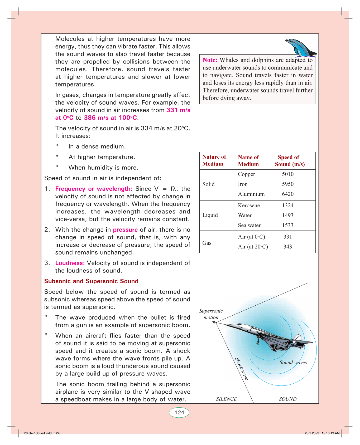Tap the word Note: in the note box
[210, 60]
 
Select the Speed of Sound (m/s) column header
[290, 161]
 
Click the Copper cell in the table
[246, 174]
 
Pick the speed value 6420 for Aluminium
[288, 194]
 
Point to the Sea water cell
[249, 225]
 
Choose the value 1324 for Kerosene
[288, 206]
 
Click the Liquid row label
[210, 215]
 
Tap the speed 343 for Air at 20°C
[288, 247]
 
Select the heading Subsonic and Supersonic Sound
[91, 281]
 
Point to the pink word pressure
[125, 230]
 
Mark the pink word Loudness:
[70, 263]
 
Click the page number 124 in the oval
[179, 412]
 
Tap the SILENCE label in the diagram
[226, 399]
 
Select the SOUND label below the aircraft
[288, 399]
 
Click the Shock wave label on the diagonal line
[242, 369]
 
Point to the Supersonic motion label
[211, 314]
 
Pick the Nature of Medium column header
[214, 160]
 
